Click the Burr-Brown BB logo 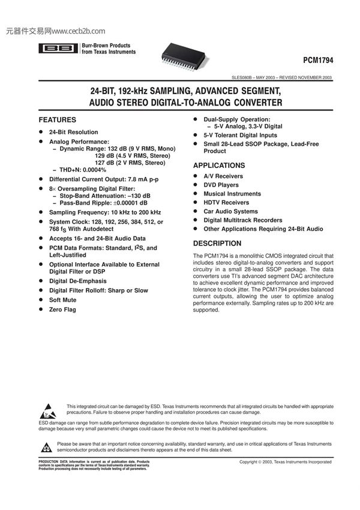(58, 49)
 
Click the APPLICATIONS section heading (218, 166)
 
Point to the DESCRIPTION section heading (217, 244)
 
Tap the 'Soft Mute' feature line (63, 300)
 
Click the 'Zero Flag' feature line (62, 310)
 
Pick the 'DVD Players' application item (221, 185)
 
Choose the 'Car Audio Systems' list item (230, 212)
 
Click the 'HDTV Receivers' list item (226, 203)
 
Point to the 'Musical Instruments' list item (232, 194)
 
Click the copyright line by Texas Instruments (285, 463)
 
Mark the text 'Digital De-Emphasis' (77, 281)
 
